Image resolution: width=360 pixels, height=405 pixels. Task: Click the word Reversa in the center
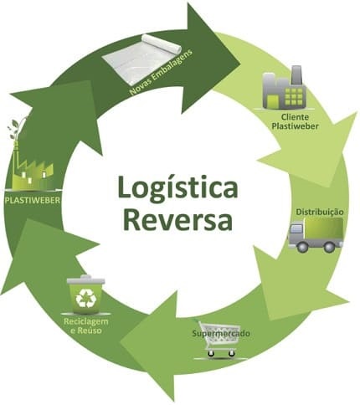(178, 219)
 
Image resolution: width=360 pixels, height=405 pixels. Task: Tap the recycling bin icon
(85, 294)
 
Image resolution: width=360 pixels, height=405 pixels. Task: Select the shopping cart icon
(219, 339)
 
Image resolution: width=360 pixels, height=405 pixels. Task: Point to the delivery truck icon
(316, 235)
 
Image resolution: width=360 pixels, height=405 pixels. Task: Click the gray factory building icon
(284, 87)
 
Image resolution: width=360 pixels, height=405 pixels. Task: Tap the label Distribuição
(320, 212)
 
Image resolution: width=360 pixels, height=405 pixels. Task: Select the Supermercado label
(221, 333)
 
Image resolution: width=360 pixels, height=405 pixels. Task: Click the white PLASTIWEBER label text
(33, 200)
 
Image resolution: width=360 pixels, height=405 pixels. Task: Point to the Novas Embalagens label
(162, 73)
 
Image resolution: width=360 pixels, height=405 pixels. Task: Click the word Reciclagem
(85, 321)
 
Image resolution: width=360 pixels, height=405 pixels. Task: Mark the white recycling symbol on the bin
(85, 297)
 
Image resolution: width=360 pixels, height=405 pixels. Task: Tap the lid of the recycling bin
(86, 279)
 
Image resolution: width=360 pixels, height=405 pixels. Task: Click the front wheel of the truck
(302, 247)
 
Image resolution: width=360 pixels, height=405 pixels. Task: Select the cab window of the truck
(296, 228)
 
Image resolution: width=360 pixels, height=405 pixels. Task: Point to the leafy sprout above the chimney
(16, 128)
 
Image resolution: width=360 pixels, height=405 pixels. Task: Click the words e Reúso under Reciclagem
(85, 331)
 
